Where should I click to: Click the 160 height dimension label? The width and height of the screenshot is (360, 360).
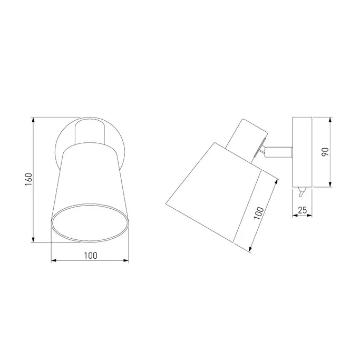coord(28,180)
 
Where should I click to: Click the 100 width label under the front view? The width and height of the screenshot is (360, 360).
coord(91,256)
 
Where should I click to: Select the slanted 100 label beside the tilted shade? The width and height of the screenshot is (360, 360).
coord(259,213)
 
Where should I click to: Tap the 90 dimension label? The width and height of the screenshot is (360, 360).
coord(325,152)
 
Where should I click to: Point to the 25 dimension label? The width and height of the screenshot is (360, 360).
coord(302,210)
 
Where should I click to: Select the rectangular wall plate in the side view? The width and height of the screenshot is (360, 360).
coord(302,152)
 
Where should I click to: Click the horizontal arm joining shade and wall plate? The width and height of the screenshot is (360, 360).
coord(278,152)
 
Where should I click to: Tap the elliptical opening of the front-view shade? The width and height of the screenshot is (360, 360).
coord(90,223)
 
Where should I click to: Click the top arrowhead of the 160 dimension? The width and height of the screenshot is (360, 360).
coord(34,120)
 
